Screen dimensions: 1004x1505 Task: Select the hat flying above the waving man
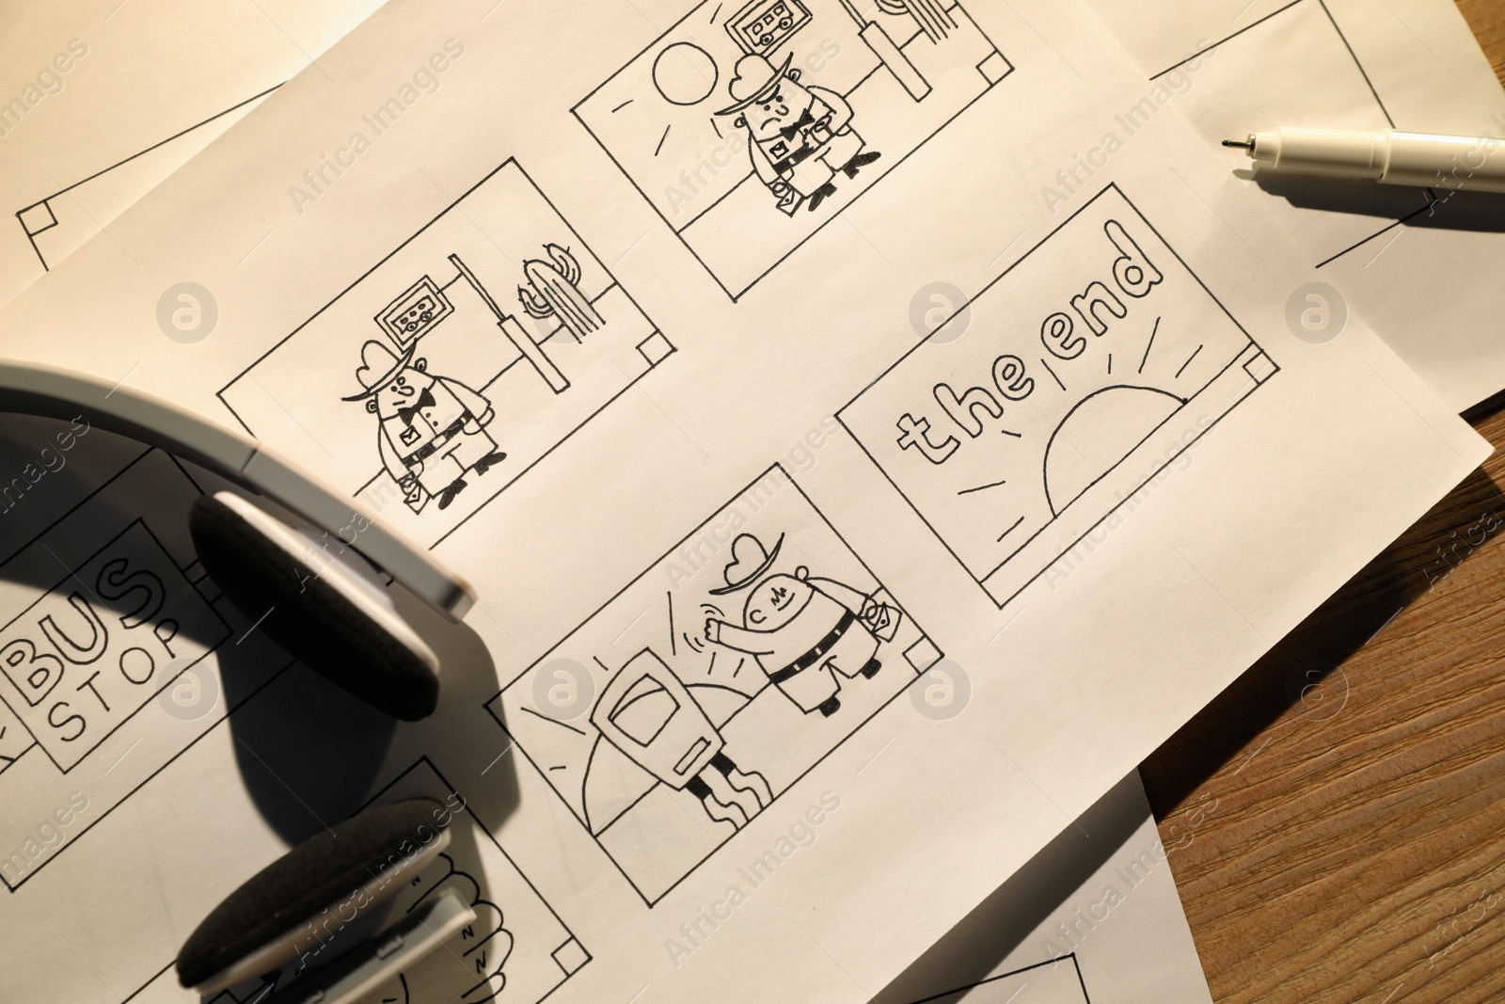pyautogui.click(x=744, y=566)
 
